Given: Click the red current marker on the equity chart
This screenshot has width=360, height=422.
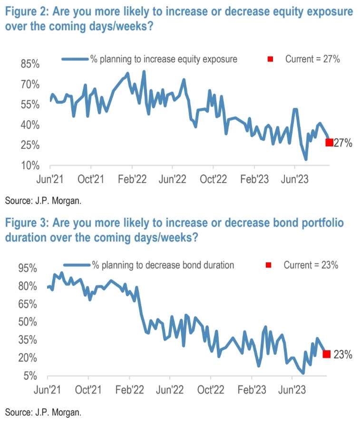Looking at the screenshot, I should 329,142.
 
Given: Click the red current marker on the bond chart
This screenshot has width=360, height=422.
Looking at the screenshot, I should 327,354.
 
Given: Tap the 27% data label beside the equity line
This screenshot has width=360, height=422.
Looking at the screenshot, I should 343,143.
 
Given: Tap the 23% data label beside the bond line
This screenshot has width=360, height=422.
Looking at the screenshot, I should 342,354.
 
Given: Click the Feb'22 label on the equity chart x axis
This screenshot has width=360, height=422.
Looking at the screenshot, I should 132,180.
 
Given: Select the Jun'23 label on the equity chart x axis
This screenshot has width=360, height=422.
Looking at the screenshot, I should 295,180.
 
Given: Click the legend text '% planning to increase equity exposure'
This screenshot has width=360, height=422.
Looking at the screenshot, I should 164,59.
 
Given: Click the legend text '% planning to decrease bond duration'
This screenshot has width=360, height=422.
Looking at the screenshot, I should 163,265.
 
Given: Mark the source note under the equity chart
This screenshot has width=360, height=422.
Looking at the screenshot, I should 43,201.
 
